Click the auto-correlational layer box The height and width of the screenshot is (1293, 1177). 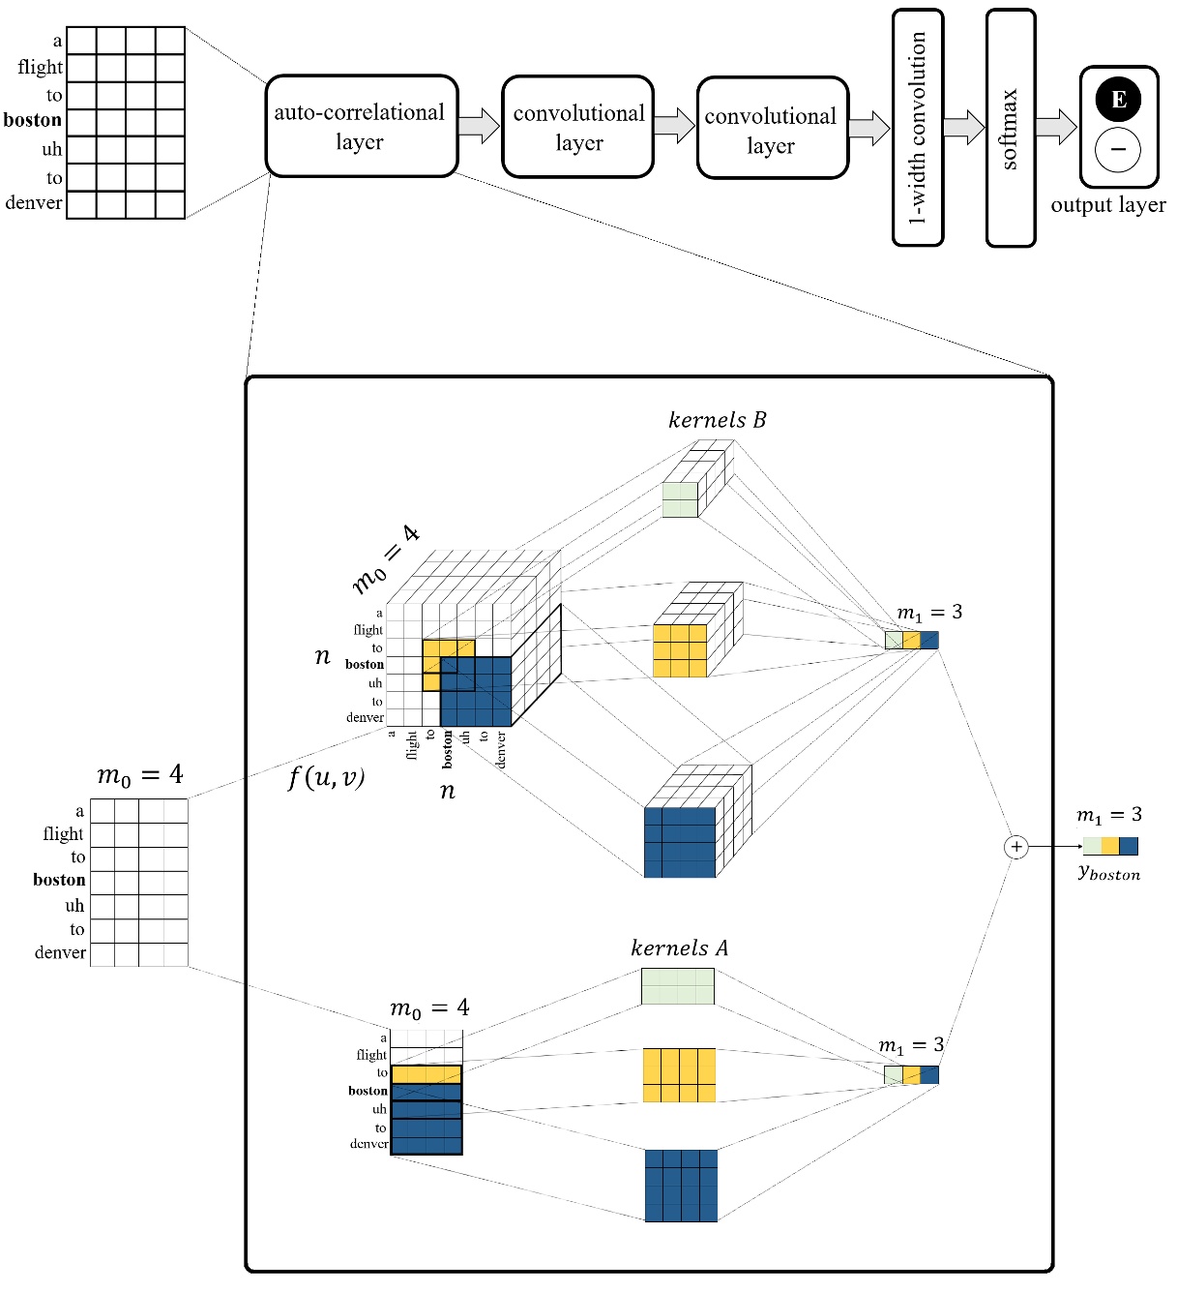tap(361, 127)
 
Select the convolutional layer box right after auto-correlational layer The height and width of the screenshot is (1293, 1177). tap(577, 128)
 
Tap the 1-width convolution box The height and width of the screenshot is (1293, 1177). tap(917, 128)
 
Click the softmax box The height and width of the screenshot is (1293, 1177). tap(1010, 128)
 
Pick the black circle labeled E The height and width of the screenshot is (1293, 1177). tap(1118, 99)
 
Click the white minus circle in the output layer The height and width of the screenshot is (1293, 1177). tap(1118, 150)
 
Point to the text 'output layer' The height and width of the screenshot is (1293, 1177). tap(1107, 205)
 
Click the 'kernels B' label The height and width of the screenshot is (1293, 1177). tap(717, 420)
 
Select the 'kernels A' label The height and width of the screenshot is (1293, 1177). tap(679, 948)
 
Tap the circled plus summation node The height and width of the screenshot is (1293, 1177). tap(1015, 847)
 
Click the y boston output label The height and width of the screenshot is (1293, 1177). tap(1108, 873)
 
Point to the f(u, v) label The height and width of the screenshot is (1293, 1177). tap(326, 777)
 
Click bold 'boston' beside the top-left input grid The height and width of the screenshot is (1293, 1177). tap(33, 120)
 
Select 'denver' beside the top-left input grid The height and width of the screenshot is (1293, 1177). tap(34, 203)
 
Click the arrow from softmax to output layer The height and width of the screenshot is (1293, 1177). tap(1055, 127)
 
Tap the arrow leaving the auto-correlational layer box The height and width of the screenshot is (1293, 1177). tap(479, 126)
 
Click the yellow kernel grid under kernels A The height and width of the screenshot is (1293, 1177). tap(679, 1074)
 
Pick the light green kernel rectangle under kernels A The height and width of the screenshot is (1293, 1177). tap(678, 986)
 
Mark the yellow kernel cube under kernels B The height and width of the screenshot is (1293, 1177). tap(680, 649)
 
